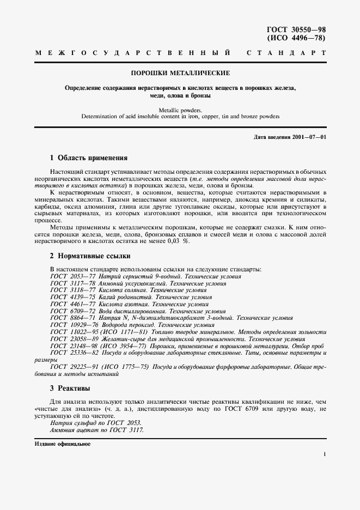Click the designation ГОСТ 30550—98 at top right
click(x=296, y=30)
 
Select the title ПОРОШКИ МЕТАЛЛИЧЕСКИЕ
click(x=180, y=72)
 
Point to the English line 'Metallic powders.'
click(x=180, y=110)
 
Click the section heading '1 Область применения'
click(x=88, y=158)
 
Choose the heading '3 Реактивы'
click(x=70, y=388)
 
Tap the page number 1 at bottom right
click(x=325, y=454)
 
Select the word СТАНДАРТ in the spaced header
click(x=286, y=53)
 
